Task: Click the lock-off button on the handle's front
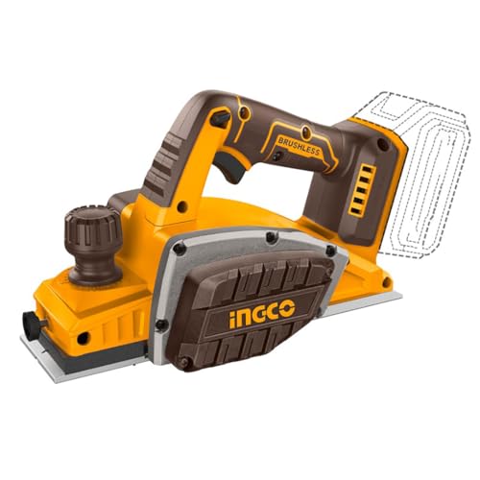pos(220,119)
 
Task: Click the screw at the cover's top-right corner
pos(272,234)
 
